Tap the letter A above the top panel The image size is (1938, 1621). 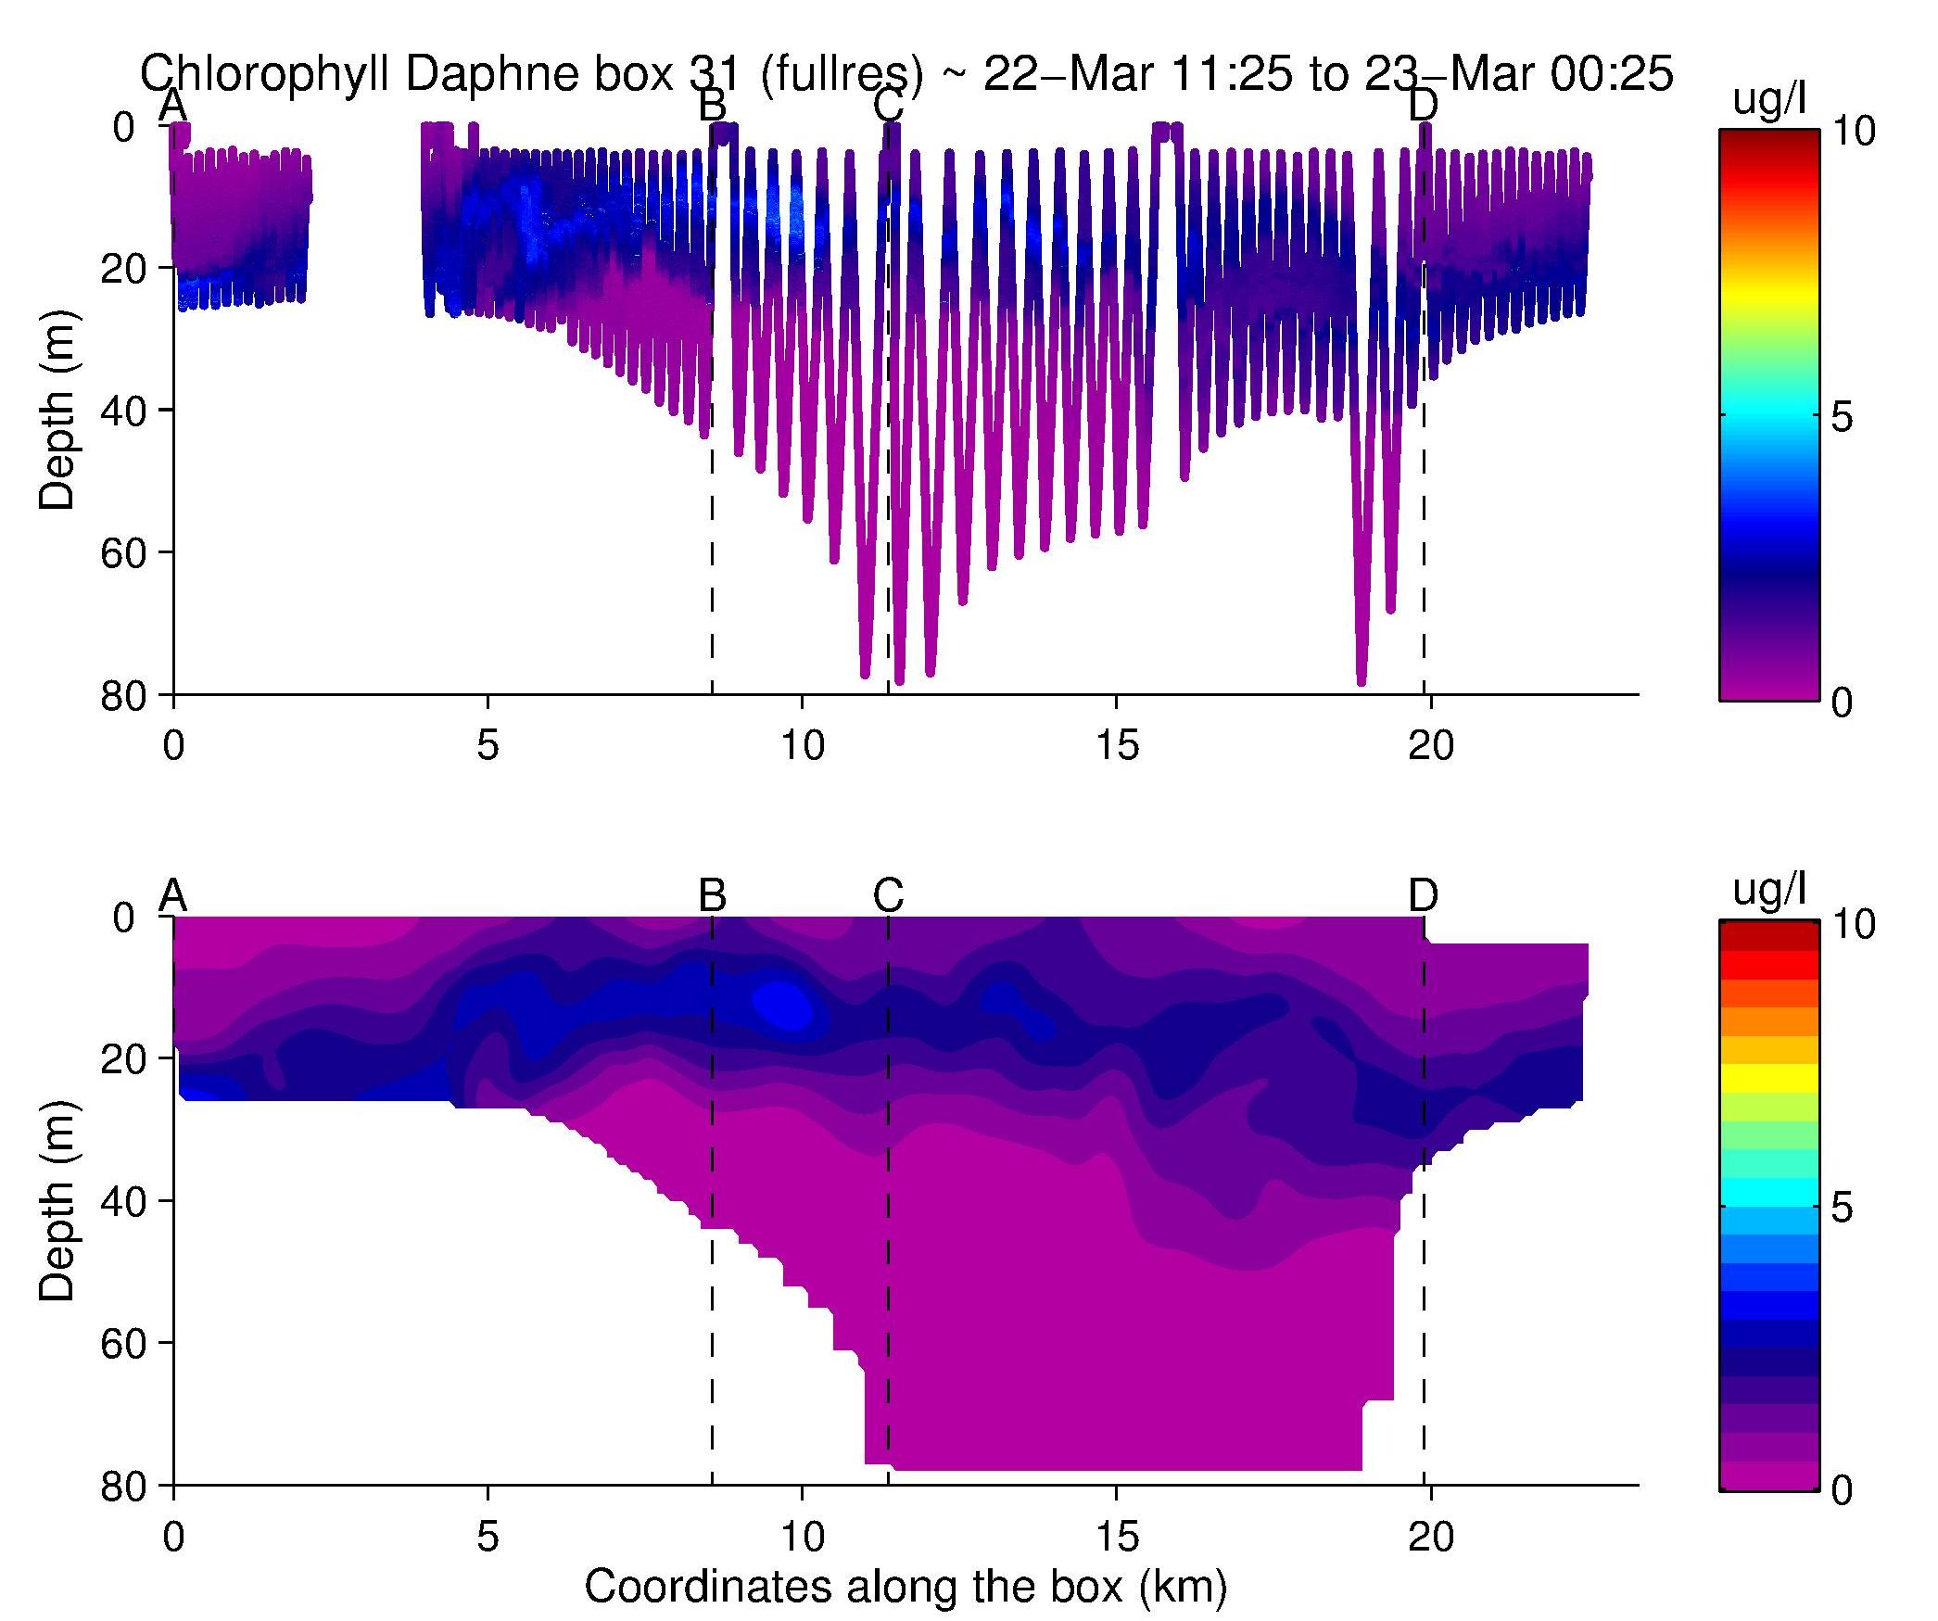click(173, 106)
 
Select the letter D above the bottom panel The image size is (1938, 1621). click(1423, 895)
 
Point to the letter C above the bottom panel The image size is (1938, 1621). click(888, 895)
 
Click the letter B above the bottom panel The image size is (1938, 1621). click(712, 895)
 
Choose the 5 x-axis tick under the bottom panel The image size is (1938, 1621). click(488, 1537)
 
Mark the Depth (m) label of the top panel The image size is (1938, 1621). click(57, 411)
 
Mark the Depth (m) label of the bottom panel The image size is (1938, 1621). click(57, 1201)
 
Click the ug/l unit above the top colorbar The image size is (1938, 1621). click(1769, 101)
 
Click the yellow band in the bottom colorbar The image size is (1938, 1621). click(1769, 1078)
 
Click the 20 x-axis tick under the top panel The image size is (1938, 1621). click(1430, 745)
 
